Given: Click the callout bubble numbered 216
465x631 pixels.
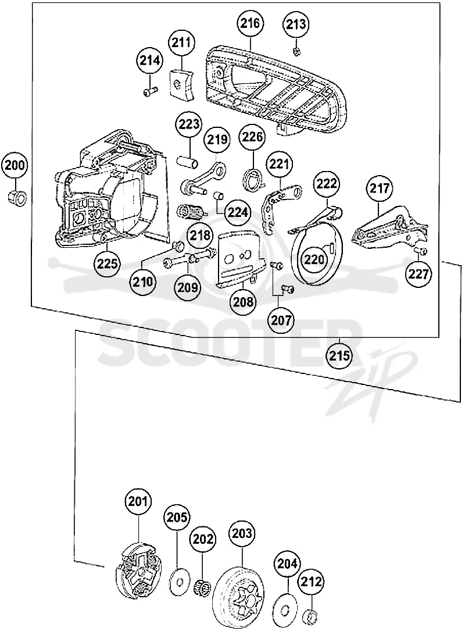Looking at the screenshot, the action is [250, 23].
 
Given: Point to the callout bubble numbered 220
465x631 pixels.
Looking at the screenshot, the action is [314, 259].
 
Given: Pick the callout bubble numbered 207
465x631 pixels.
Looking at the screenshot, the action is [281, 320].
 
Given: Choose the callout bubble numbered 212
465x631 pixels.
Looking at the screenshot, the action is [312, 582].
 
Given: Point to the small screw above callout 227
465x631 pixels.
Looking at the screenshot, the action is [421, 251].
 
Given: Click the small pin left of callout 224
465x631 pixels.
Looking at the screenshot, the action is [218, 195].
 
